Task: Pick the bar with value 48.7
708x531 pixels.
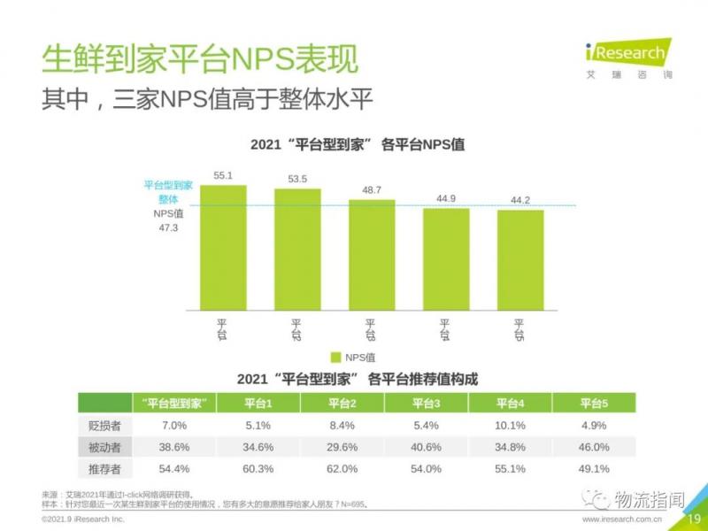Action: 372,255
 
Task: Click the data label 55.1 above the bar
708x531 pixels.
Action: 223,175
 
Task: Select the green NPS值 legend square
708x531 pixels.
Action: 335,358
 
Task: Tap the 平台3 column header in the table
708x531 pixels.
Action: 427,404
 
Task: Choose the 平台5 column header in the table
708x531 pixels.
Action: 595,404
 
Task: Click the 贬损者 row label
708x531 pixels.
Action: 105,426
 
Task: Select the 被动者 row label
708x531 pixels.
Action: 105,447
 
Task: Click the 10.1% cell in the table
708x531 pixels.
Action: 511,426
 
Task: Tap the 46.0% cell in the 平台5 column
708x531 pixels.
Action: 595,447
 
